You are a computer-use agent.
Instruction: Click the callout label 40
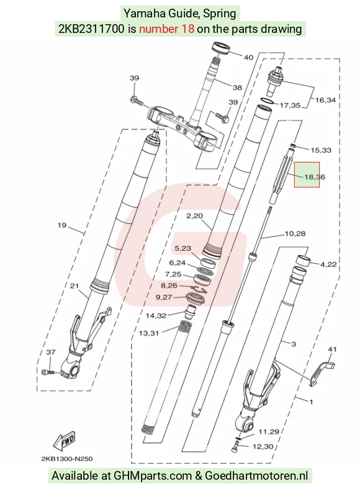click(248, 57)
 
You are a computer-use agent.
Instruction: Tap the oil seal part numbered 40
click(222, 48)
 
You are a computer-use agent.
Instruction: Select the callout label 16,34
click(325, 100)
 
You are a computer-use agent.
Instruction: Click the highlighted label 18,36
click(315, 177)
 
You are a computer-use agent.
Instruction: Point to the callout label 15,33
click(321, 150)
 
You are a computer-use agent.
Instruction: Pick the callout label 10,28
click(295, 233)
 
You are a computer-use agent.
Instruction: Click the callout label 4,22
click(328, 264)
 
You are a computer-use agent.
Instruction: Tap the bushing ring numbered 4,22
click(304, 261)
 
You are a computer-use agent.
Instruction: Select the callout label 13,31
click(149, 333)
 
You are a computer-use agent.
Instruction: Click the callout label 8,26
click(169, 285)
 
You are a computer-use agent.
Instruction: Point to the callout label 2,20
click(195, 215)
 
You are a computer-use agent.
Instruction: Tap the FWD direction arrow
click(65, 441)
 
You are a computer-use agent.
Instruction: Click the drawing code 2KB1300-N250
click(67, 459)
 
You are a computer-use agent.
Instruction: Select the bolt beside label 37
click(48, 372)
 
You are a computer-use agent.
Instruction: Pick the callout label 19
click(62, 225)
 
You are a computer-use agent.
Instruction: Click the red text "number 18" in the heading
click(166, 29)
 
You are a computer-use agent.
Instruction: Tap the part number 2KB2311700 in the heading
click(92, 29)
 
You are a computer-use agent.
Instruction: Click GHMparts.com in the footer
click(153, 476)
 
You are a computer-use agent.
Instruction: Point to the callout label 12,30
click(263, 447)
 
